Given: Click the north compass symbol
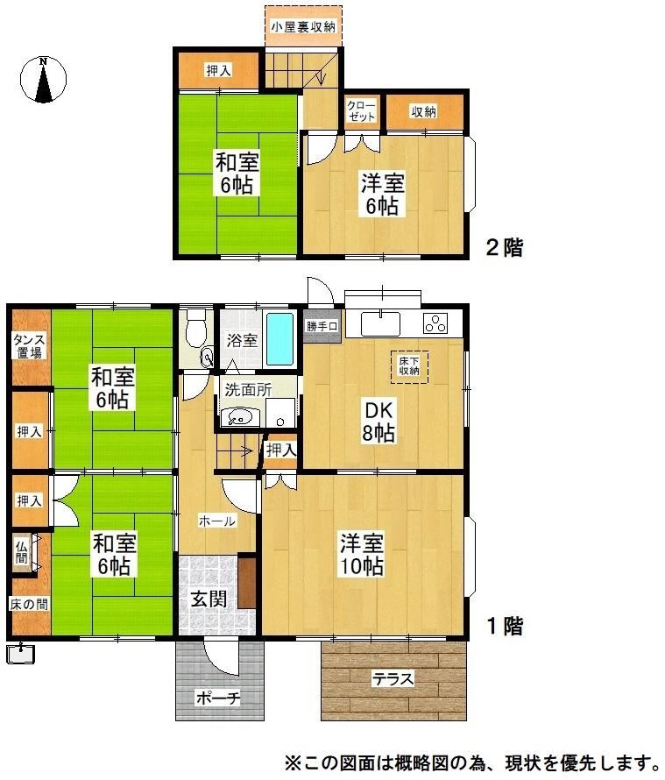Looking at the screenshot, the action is pyautogui.click(x=43, y=80).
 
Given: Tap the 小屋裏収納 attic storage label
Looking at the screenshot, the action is pyautogui.click(x=303, y=27).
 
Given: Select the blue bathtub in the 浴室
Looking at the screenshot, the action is pyautogui.click(x=279, y=339).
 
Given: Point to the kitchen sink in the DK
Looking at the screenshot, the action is pyautogui.click(x=380, y=323).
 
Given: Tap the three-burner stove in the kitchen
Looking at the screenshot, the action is pyautogui.click(x=435, y=324).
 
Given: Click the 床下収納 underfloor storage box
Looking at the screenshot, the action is pyautogui.click(x=409, y=367).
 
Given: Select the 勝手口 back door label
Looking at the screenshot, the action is pyautogui.click(x=322, y=326).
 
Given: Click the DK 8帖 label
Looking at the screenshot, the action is pyautogui.click(x=378, y=422).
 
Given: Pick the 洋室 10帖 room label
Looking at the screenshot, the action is pyautogui.click(x=362, y=554).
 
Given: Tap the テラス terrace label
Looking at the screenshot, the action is pyautogui.click(x=393, y=678).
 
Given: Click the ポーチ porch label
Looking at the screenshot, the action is pyautogui.click(x=218, y=698).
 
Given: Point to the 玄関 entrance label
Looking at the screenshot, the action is pyautogui.click(x=209, y=599).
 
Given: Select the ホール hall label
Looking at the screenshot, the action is pyautogui.click(x=217, y=521).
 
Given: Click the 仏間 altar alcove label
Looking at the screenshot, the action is pyautogui.click(x=21, y=552).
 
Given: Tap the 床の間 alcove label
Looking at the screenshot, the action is pyautogui.click(x=29, y=604).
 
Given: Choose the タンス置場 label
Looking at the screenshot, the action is pyautogui.click(x=29, y=346).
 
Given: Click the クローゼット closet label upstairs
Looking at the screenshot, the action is pyautogui.click(x=362, y=111).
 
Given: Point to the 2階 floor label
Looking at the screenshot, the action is pyautogui.click(x=505, y=247).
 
